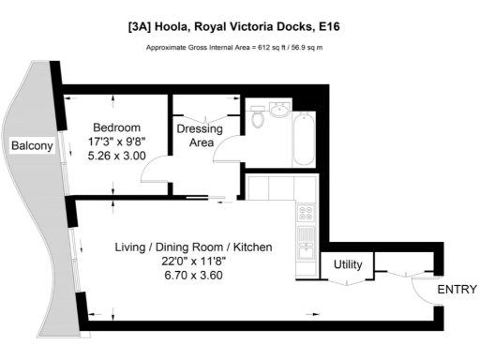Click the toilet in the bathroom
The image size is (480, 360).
(x=257, y=119)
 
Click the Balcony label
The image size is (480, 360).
(x=30, y=146)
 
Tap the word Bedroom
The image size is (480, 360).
(x=115, y=127)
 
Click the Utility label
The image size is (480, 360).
(x=348, y=265)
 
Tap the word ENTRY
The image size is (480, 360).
(x=457, y=291)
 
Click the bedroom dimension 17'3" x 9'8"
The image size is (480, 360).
(x=115, y=142)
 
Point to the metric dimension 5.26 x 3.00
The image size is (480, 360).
(x=115, y=157)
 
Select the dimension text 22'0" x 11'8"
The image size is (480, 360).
(x=193, y=262)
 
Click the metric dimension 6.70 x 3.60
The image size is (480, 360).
(x=193, y=277)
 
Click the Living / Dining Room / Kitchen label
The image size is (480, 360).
(x=193, y=247)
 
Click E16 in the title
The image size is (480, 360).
(x=330, y=27)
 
